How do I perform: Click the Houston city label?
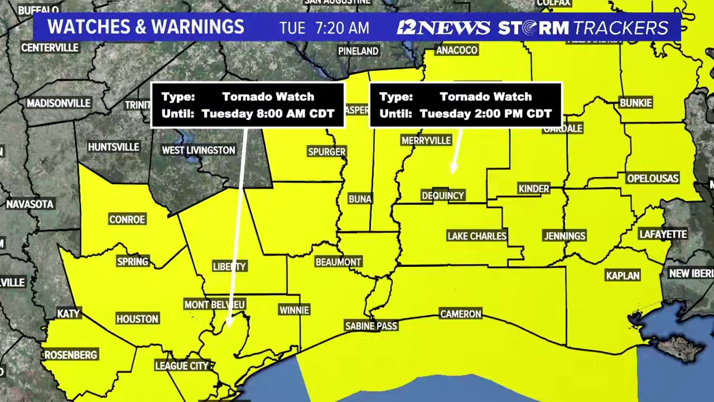click(x=137, y=319)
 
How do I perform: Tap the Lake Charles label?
click(x=477, y=236)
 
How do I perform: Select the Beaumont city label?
click(x=338, y=262)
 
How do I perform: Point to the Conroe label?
click(x=127, y=219)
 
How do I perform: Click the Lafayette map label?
click(x=663, y=234)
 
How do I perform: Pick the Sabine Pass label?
click(x=371, y=326)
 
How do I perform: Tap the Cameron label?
click(x=460, y=314)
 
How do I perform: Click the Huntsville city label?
click(x=113, y=147)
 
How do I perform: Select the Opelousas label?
click(x=653, y=178)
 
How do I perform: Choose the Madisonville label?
click(x=58, y=103)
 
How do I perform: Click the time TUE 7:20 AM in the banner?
click(x=324, y=28)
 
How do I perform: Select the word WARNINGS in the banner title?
click(x=197, y=27)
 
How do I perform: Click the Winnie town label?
click(x=294, y=310)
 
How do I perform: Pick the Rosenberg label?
click(x=71, y=355)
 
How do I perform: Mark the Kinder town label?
click(x=534, y=189)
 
